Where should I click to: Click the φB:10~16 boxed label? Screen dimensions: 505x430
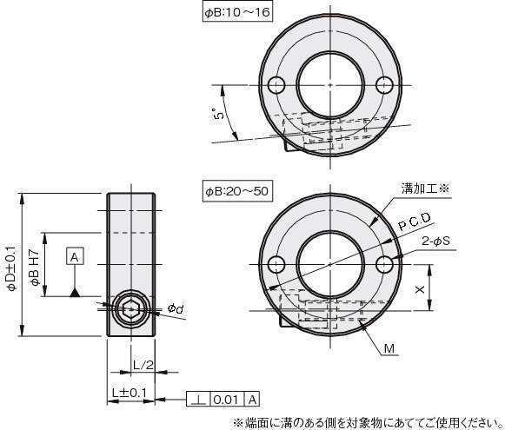coord(237,12)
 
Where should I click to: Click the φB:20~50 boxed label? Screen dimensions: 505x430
coord(237,191)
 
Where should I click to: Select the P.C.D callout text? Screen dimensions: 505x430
coord(415,222)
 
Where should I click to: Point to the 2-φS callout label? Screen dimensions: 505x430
coord(435,241)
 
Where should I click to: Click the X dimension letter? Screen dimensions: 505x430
coord(420,289)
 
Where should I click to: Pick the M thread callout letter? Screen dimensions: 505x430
coord(389,348)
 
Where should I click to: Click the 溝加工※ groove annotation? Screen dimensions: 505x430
coord(425,189)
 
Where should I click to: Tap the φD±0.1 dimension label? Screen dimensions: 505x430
coord(11,268)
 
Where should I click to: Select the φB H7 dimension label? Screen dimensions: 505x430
coord(35,268)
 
